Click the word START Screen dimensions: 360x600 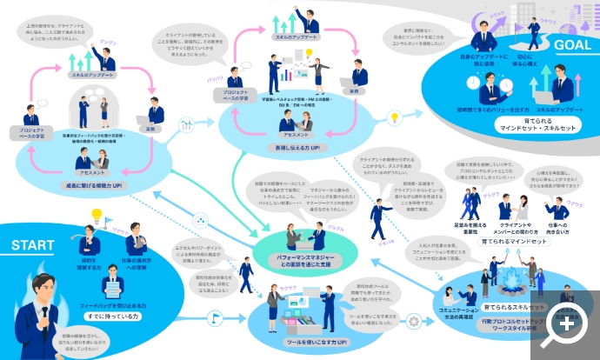coord(34,246)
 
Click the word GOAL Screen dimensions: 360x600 coord(566,44)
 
